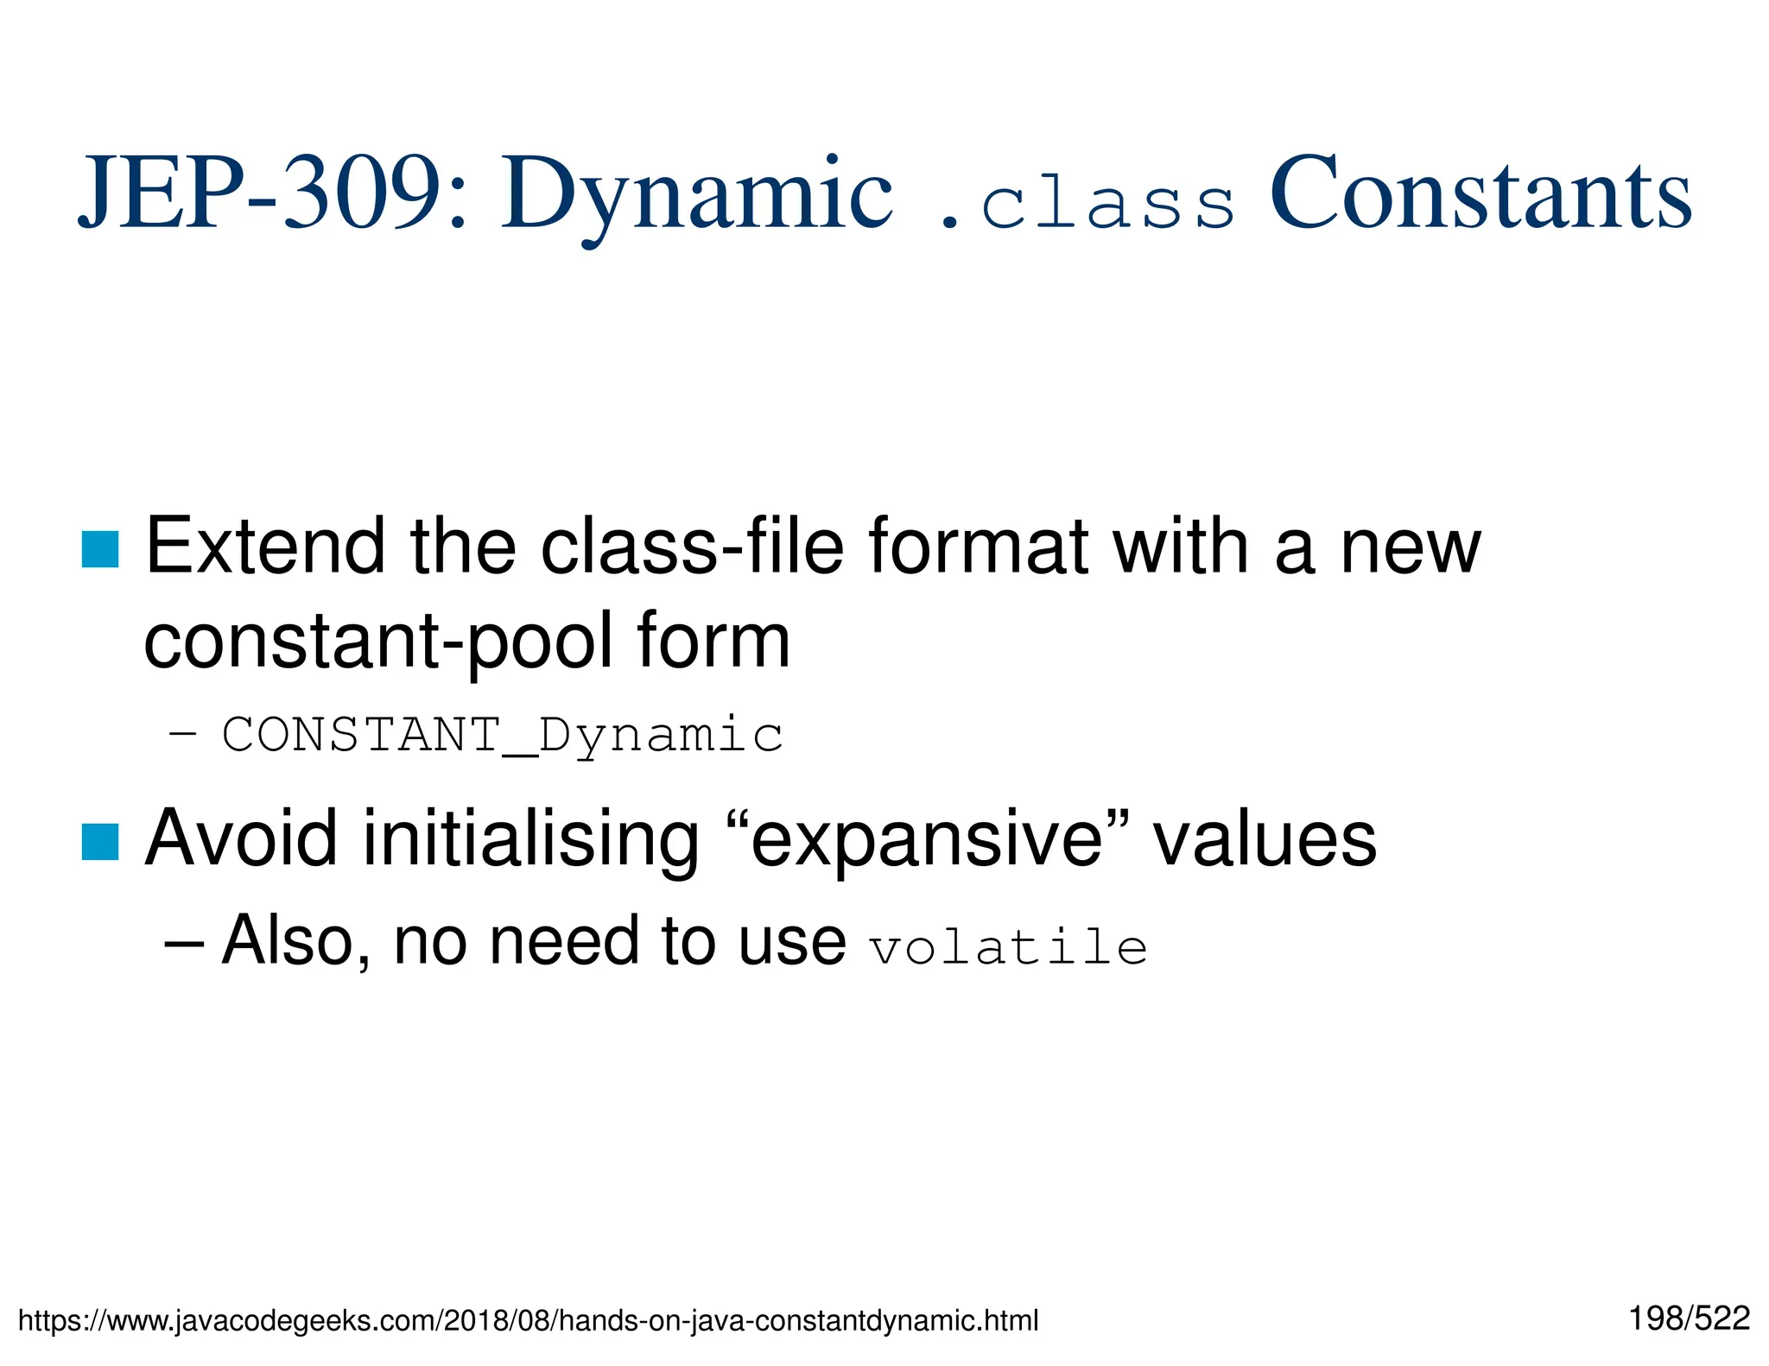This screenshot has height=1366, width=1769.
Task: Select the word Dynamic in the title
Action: (x=697, y=194)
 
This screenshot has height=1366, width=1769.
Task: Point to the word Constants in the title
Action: (x=1481, y=193)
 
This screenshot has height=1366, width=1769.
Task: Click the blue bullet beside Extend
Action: (x=100, y=549)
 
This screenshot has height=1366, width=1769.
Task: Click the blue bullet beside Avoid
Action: (x=100, y=842)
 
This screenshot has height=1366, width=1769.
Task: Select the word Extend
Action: (x=265, y=546)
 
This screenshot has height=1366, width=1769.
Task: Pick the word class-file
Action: (x=692, y=546)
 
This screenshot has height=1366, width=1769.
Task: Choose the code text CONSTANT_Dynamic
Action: (x=503, y=736)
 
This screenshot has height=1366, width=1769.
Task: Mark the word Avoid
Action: (x=241, y=838)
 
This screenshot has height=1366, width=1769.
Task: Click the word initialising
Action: (x=530, y=838)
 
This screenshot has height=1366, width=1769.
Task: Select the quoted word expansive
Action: (x=927, y=842)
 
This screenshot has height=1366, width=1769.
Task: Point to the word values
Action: (x=1265, y=838)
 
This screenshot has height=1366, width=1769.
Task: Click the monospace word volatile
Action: (x=1008, y=947)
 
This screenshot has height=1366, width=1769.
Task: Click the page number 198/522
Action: (x=1689, y=1318)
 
